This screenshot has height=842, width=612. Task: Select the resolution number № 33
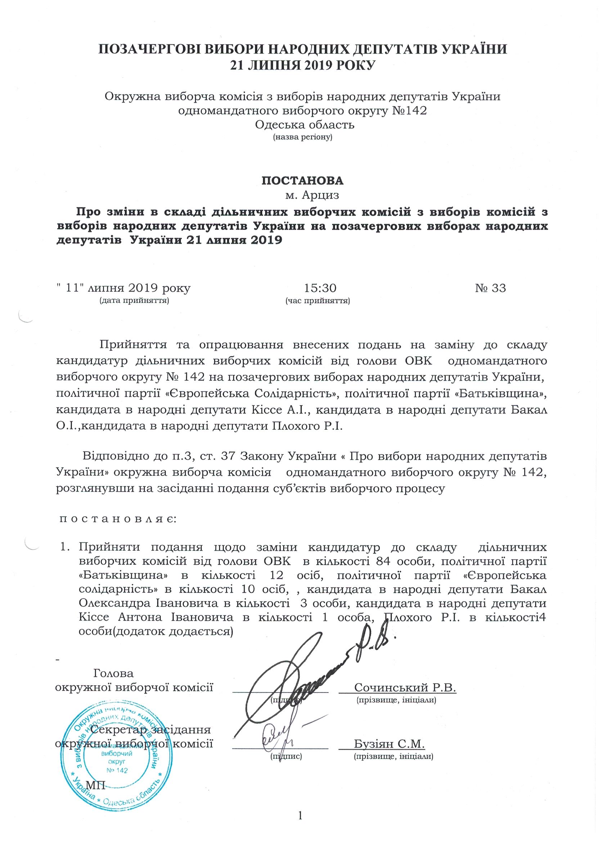[x=490, y=288]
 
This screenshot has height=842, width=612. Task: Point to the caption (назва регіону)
[x=302, y=138]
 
